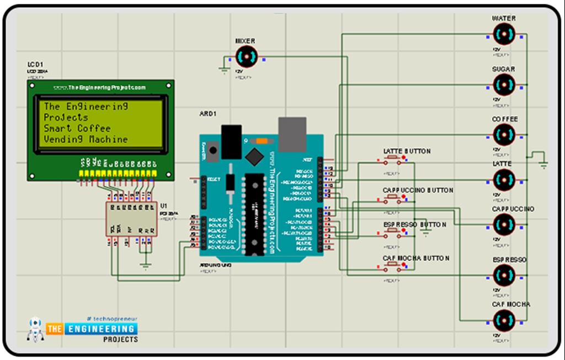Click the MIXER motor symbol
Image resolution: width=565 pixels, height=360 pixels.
pos(246,56)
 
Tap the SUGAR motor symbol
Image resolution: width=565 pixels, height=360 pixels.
pos(504,85)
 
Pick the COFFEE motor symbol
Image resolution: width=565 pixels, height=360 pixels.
pos(504,134)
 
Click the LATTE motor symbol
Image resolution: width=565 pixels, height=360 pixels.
pos(504,179)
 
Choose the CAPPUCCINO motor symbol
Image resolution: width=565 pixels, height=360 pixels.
pos(504,225)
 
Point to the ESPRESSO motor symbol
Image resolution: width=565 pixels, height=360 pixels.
pos(504,274)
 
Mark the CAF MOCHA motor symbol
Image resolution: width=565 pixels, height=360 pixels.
pos(504,320)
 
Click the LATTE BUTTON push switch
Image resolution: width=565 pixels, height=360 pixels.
pos(393,160)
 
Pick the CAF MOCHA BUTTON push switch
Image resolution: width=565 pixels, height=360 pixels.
pos(393,267)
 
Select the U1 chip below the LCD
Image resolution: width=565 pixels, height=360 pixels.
pos(131,219)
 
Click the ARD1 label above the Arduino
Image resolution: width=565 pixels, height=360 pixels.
pos(208,114)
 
